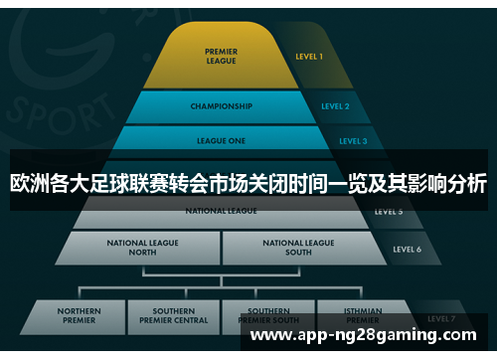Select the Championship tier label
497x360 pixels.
(221, 106)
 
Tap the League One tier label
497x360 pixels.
(222, 141)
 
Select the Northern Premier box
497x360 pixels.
(79, 317)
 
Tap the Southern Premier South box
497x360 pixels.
(268, 317)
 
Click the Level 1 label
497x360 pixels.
(309, 57)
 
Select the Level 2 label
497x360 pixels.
(335, 106)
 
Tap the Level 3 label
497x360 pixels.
(353, 141)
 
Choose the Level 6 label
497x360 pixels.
(407, 249)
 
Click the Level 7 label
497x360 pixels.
(439, 318)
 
